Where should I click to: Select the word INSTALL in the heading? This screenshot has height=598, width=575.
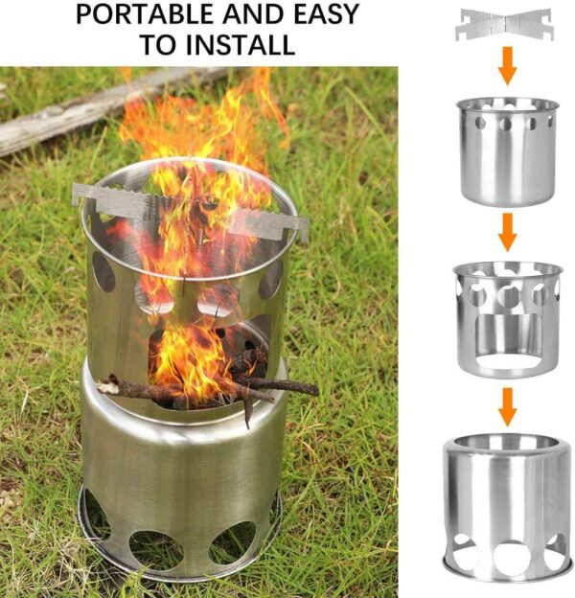click(241, 44)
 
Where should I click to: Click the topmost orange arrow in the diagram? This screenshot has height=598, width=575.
click(508, 65)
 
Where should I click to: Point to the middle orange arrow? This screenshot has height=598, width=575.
click(508, 232)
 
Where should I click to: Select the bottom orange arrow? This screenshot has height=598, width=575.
click(508, 407)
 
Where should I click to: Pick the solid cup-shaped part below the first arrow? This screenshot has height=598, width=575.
click(508, 151)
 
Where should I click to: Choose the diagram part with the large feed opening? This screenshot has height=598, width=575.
click(508, 319)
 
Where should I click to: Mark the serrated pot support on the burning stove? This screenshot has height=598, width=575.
click(190, 212)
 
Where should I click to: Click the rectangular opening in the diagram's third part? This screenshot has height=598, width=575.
click(507, 337)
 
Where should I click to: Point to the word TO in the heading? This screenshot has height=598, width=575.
click(158, 44)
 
